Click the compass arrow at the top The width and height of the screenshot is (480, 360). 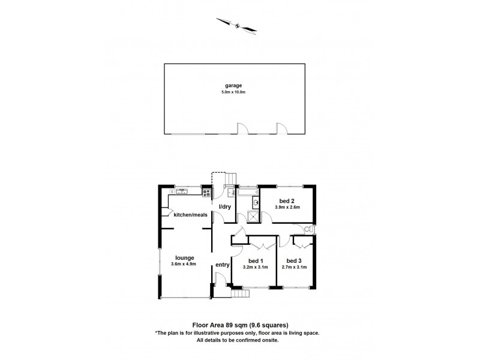(238, 25)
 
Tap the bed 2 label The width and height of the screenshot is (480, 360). (286, 200)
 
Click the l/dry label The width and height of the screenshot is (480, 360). (225, 207)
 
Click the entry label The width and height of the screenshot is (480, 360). (223, 265)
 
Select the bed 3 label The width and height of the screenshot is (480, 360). (294, 260)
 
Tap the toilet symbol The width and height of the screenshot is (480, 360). (308, 230)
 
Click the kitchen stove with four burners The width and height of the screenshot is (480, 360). (207, 193)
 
